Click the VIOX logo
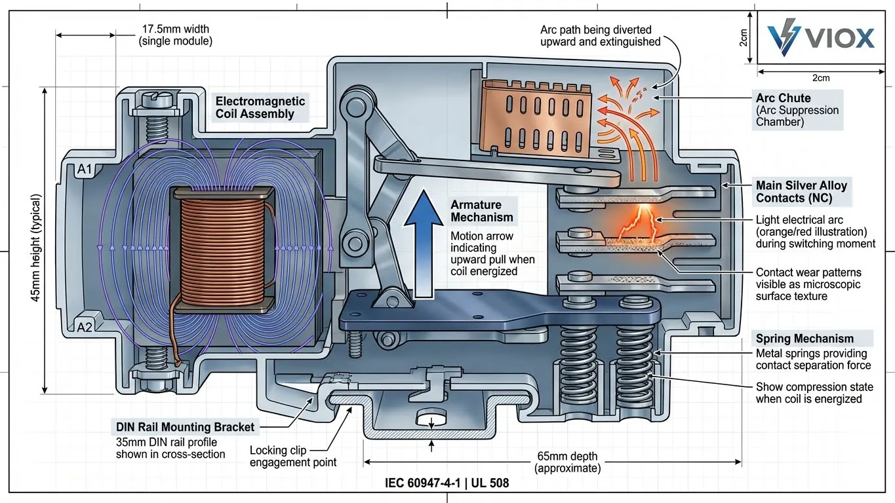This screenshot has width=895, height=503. [x=822, y=37]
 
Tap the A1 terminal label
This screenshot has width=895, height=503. [x=85, y=170]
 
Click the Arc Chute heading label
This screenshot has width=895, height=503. [x=783, y=98]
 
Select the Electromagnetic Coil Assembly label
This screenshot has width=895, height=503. [x=260, y=107]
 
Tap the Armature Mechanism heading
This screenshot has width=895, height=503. [x=482, y=211]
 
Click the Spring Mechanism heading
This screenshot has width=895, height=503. [x=805, y=339]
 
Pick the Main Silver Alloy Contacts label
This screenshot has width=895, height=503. [x=801, y=191]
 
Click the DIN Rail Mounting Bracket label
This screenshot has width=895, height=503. [x=185, y=427]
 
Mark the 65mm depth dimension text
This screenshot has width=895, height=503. [x=567, y=462]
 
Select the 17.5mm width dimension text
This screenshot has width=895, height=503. [x=175, y=35]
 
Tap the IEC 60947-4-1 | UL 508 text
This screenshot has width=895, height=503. [x=447, y=483]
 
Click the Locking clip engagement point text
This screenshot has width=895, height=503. [x=293, y=456]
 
